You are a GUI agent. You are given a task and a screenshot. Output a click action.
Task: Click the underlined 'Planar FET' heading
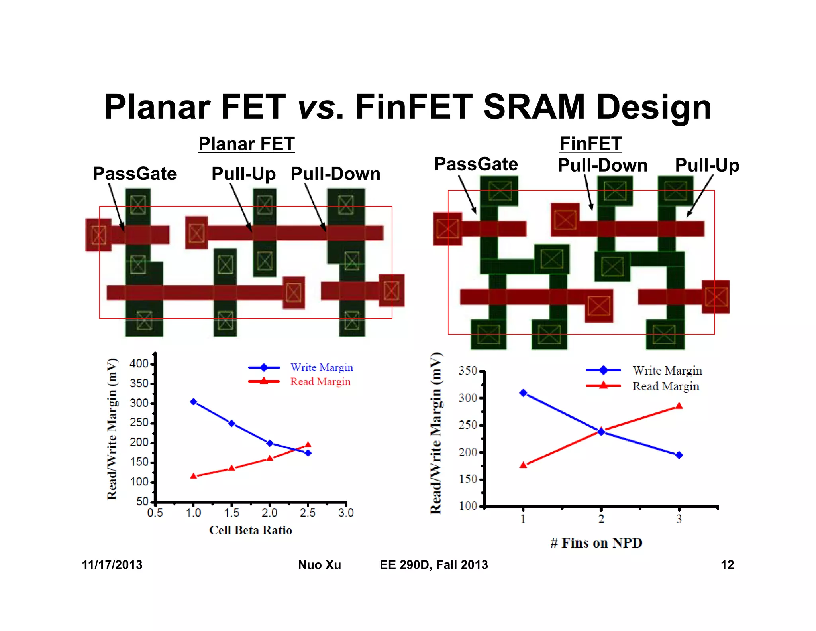click(x=247, y=144)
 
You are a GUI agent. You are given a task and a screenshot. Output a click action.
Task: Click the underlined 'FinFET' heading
click(x=590, y=144)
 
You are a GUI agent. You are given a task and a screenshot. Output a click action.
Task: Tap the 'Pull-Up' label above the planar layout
click(x=243, y=174)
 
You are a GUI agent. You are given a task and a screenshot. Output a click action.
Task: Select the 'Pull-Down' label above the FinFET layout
click(x=602, y=165)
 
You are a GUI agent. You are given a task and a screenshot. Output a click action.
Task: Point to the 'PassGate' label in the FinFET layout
click(x=476, y=164)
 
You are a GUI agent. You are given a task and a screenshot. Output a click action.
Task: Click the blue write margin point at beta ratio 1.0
click(x=194, y=402)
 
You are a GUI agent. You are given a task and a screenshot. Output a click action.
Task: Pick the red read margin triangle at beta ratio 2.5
click(x=308, y=444)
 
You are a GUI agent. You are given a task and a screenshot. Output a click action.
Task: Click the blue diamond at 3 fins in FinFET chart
click(x=679, y=455)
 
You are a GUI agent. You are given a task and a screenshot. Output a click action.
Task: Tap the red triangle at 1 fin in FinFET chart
click(x=523, y=465)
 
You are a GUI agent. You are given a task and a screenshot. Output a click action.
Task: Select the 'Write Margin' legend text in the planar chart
click(x=322, y=367)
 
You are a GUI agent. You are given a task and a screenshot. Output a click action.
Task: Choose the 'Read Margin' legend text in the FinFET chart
click(x=666, y=386)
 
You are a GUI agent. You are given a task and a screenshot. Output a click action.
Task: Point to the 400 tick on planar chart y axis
click(x=139, y=363)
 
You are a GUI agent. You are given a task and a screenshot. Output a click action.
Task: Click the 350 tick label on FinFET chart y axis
click(x=468, y=371)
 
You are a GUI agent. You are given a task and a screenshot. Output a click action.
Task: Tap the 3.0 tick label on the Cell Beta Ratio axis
click(x=346, y=513)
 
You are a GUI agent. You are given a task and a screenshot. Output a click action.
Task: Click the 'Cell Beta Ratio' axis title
click(x=251, y=530)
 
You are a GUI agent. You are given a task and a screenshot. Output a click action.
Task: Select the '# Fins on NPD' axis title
click(x=596, y=543)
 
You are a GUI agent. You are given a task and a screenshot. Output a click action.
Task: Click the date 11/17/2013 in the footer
click(x=112, y=565)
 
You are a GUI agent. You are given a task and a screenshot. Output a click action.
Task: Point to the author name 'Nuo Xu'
click(x=320, y=565)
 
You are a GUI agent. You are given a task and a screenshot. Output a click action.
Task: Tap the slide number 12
click(x=727, y=565)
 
